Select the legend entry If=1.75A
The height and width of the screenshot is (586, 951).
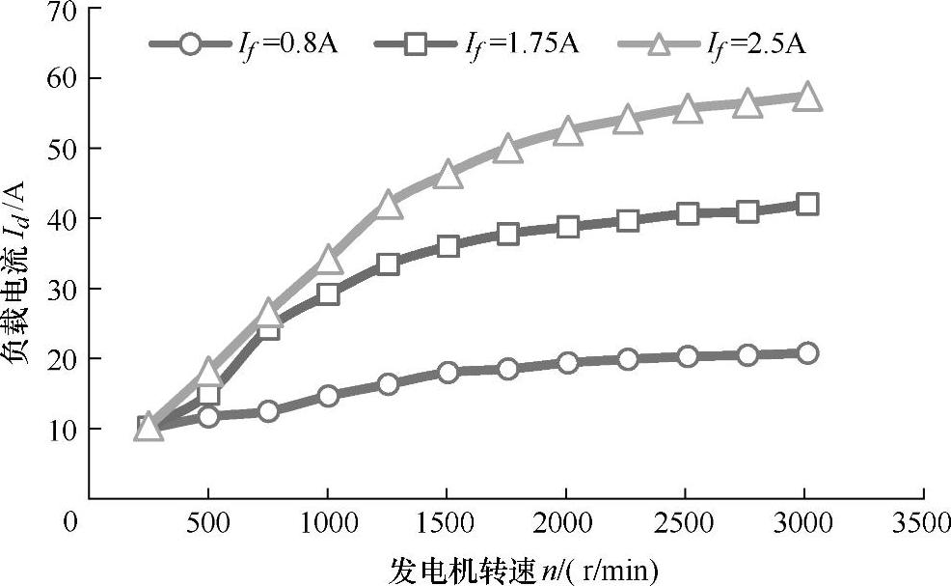(x=477, y=43)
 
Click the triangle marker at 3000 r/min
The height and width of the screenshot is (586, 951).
(x=807, y=97)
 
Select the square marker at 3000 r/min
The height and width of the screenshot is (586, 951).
(x=807, y=204)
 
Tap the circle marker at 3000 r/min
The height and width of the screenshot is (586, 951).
(x=807, y=353)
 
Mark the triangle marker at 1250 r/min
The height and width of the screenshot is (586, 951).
(x=389, y=204)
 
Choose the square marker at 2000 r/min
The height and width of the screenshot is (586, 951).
(x=568, y=227)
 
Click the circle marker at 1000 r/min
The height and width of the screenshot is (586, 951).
(x=328, y=395)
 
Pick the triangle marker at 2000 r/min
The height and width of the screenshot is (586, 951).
(x=568, y=131)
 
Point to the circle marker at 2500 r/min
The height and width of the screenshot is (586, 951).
(x=688, y=356)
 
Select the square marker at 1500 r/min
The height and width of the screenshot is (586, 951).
(x=448, y=245)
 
